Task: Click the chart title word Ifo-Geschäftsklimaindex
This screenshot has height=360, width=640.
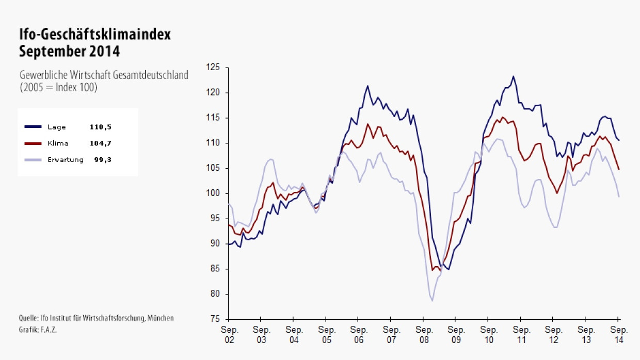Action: click(94, 35)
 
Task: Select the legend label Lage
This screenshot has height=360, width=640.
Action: click(57, 127)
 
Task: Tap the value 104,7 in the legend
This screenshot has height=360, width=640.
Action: click(100, 143)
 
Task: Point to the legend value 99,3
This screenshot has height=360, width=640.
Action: click(102, 160)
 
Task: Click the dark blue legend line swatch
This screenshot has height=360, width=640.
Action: click(34, 127)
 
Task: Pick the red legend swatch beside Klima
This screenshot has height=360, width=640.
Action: click(34, 143)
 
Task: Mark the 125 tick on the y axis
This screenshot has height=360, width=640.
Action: click(213, 68)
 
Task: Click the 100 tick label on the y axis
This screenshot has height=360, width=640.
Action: click(213, 193)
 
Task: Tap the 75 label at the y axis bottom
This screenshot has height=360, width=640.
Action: click(215, 319)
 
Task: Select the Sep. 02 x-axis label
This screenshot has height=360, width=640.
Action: click(228, 335)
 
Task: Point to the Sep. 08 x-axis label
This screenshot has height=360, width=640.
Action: click(424, 335)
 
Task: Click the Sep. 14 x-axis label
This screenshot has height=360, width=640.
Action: click(619, 335)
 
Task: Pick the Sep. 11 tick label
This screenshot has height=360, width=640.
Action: click(521, 335)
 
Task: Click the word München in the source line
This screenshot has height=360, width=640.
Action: click(160, 318)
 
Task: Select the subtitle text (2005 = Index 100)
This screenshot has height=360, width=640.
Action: click(58, 87)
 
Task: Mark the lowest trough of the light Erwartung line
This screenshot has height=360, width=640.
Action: click(432, 301)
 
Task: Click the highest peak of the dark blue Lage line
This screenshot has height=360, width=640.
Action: click(513, 76)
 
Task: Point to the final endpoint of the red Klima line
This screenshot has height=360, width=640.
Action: click(619, 169)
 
